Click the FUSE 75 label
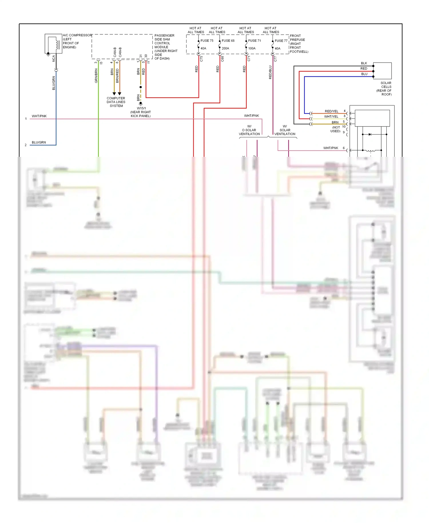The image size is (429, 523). tap(207, 41)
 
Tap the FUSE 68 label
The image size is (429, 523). tap(228, 41)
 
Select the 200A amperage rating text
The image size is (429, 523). tap(225, 48)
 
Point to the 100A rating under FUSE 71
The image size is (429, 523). tap(252, 48)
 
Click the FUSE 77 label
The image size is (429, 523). tap(281, 41)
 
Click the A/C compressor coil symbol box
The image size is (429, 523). tap(53, 43)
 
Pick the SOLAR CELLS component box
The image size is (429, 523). tap(382, 71)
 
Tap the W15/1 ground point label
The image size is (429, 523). tap(141, 108)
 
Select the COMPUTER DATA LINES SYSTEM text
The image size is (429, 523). tap(116, 102)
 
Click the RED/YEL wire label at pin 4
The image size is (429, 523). tap(331, 111)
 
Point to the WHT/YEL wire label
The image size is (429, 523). tap(331, 116)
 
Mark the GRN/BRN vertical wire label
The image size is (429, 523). tap(96, 76)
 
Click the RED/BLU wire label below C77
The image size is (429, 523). tap(270, 72)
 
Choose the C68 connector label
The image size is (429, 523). tap(223, 59)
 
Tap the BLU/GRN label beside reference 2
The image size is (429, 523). tap(39, 142)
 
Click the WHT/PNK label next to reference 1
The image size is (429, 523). tap(39, 116)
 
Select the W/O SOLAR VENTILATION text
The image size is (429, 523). tap(249, 130)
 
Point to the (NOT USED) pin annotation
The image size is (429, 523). tap(335, 129)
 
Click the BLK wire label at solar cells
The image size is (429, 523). tap(364, 63)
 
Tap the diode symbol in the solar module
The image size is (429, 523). tap(370, 134)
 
